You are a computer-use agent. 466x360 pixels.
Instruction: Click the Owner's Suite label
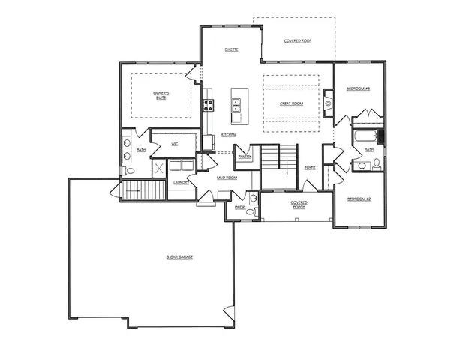coord(161,95)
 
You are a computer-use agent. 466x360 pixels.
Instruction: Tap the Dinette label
coord(231,49)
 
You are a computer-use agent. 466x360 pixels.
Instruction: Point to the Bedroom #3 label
coord(358,88)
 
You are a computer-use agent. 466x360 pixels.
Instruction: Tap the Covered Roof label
coord(297,40)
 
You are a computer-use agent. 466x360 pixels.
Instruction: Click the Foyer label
coord(310,167)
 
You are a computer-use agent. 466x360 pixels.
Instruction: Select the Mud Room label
coord(227,178)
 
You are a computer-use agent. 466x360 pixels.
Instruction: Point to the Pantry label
coord(245,157)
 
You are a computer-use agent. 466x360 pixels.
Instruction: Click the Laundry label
coord(181,182)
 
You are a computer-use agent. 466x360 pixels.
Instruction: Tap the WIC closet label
coord(174,142)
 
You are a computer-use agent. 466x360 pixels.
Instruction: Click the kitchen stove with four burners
coord(208,106)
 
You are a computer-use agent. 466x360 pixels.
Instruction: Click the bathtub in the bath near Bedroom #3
coord(367,137)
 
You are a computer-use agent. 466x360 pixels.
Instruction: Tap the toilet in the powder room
coord(253,199)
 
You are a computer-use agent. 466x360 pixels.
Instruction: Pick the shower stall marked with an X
coord(159,168)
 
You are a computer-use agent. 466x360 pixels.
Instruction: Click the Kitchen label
coord(228,135)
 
